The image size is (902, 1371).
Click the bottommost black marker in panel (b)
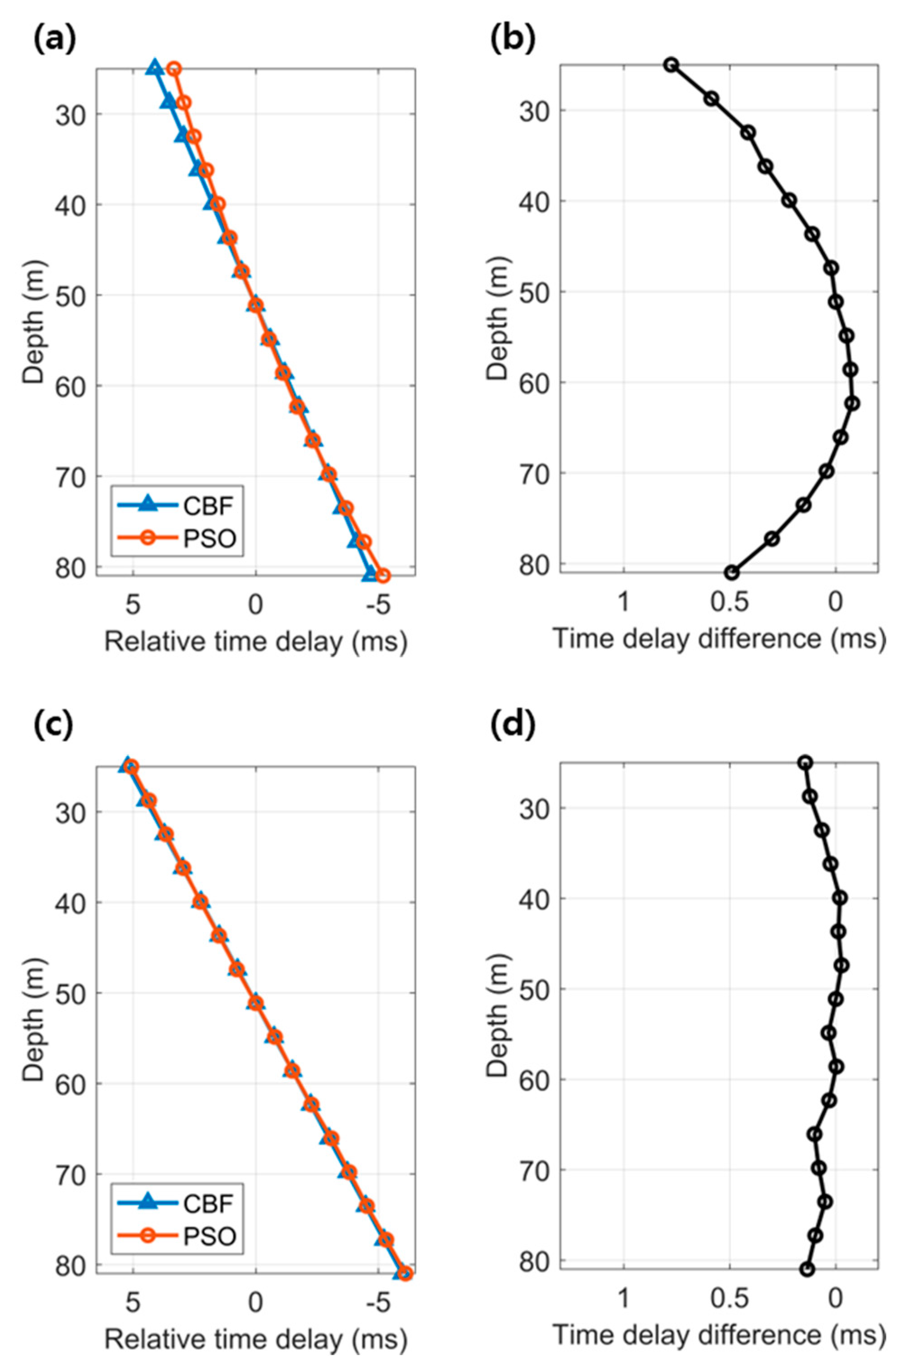coord(731,573)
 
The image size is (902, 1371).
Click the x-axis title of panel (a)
coord(256,641)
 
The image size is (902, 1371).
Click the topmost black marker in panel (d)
coord(805,763)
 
